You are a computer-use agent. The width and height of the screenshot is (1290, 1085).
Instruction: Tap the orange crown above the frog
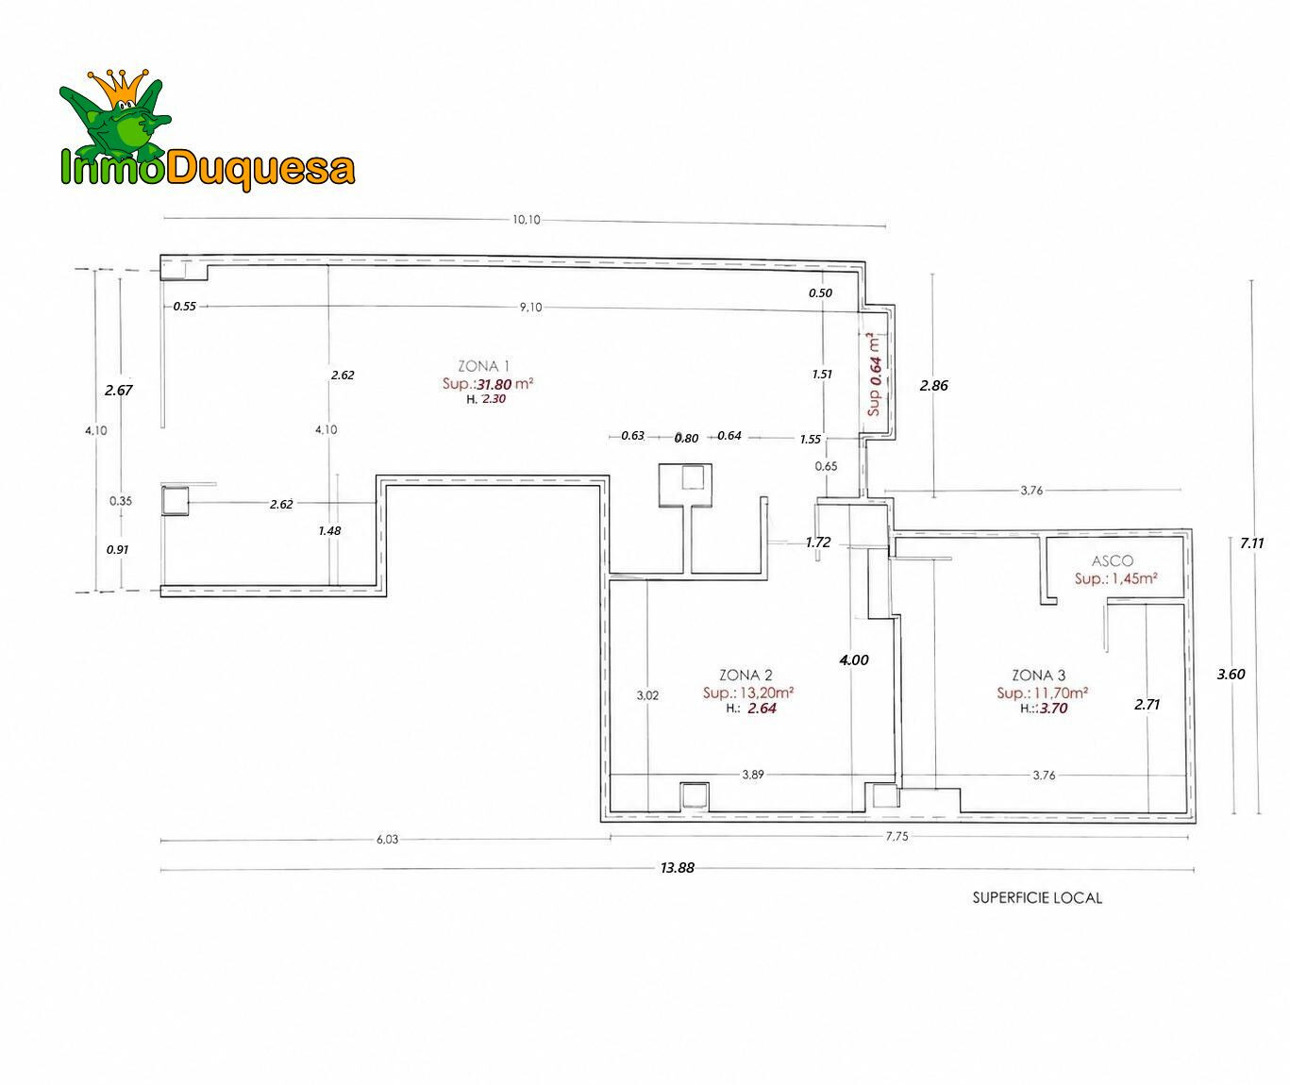[x=119, y=87]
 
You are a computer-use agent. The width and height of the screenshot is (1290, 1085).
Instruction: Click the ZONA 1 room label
[x=483, y=366]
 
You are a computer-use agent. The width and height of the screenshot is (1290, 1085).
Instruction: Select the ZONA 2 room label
[x=746, y=676]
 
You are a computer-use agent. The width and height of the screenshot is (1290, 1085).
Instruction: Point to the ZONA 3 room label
[x=1039, y=676]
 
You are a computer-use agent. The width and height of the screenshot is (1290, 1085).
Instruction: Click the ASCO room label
[x=1112, y=561]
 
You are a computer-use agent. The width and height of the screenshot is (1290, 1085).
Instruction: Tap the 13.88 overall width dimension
[x=678, y=868]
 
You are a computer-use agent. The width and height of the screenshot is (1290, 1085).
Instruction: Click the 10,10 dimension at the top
[x=527, y=219]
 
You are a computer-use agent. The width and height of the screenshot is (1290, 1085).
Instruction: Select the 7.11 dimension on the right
[x=1251, y=543]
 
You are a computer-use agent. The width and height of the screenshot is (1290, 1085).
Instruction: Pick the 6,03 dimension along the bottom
[x=387, y=839]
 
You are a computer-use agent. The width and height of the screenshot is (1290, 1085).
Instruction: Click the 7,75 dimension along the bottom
[x=897, y=837]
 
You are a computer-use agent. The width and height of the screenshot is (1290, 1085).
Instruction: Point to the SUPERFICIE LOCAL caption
[x=1037, y=898]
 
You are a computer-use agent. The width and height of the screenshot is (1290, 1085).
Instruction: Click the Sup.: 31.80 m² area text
[x=488, y=384]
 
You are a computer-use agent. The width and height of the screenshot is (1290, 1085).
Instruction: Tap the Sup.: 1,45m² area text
[x=1115, y=579]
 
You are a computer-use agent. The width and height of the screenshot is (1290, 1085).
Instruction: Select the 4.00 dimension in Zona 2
[x=854, y=659]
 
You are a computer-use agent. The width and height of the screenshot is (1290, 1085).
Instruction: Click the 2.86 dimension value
[x=933, y=386]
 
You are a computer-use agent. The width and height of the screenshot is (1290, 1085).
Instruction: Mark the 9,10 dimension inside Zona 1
[x=530, y=307]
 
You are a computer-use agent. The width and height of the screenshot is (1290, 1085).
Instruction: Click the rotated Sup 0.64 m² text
[x=874, y=375]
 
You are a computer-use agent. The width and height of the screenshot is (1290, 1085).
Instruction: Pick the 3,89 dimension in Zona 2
[x=753, y=775]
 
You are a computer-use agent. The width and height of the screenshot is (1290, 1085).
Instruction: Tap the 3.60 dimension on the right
[x=1231, y=674]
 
